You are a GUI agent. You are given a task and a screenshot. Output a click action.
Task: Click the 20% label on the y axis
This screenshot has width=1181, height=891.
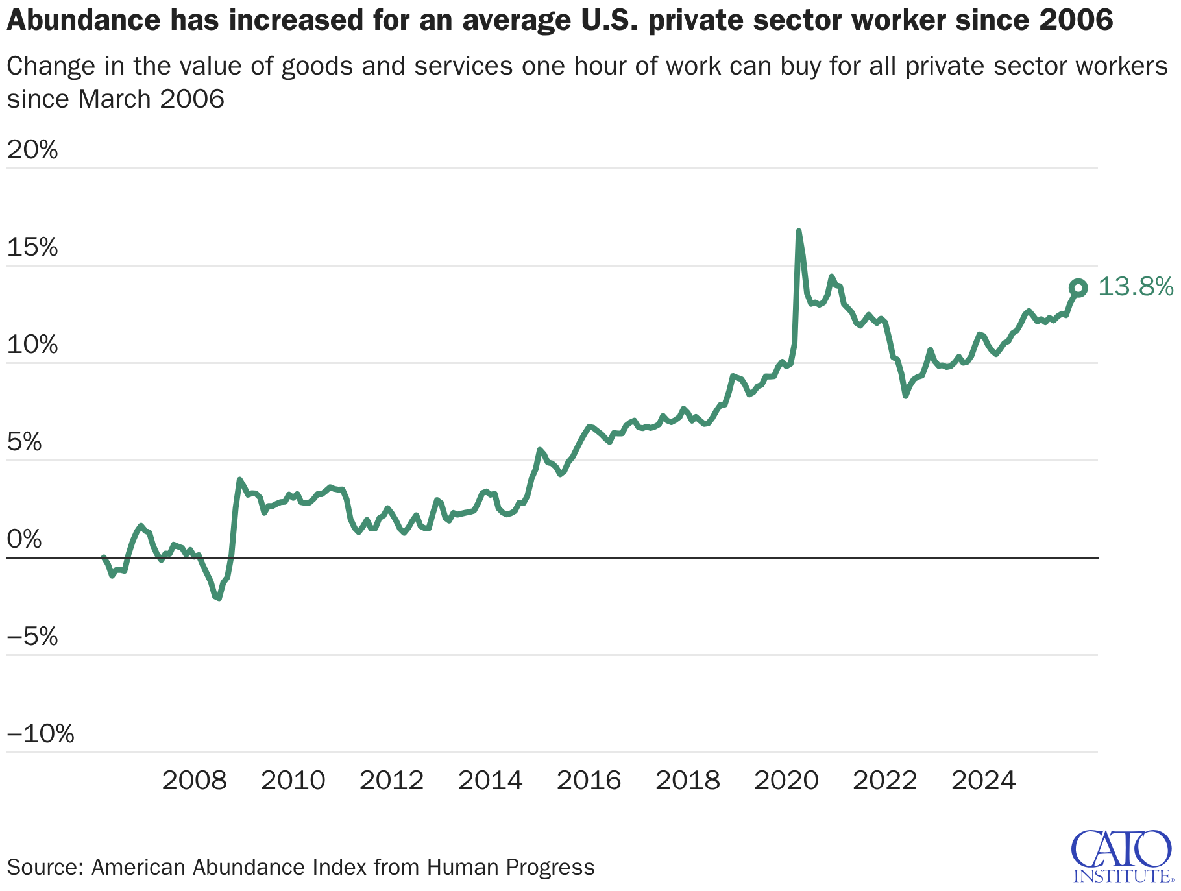pos(32,151)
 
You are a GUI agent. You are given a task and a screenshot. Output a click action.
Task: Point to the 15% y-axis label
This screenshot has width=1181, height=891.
pos(32,248)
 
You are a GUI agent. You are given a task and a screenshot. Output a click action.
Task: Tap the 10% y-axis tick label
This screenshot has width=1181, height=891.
pos(32,345)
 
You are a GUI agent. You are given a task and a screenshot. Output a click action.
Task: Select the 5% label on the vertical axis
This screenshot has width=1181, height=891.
pos(24,443)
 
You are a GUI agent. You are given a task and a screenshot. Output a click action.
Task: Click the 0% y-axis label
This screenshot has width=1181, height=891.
pos(24,540)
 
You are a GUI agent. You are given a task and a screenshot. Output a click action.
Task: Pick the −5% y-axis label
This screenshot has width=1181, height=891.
pos(32,637)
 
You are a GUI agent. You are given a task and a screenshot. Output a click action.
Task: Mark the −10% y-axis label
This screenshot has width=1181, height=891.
pos(40,735)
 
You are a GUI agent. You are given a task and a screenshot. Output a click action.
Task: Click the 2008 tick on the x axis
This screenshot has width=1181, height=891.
pos(194,780)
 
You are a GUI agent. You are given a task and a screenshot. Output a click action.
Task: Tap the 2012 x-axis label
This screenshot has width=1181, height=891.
pos(391,780)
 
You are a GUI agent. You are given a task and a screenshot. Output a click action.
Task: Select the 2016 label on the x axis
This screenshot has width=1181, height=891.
pos(589,780)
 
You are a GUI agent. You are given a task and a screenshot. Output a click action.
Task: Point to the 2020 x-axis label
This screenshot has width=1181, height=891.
pos(786,780)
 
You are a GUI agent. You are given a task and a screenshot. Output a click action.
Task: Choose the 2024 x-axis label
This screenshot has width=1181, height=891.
pos(983,780)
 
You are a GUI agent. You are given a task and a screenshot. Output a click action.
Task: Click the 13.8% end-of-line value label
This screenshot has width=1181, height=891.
pos(1135,287)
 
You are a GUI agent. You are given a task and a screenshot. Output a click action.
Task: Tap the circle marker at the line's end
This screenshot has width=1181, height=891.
pos(1078,287)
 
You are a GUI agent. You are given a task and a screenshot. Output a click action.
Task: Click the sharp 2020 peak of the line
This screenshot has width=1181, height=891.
pos(798,232)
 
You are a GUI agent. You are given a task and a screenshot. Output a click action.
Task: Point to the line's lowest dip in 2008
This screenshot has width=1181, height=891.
pos(219,598)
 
